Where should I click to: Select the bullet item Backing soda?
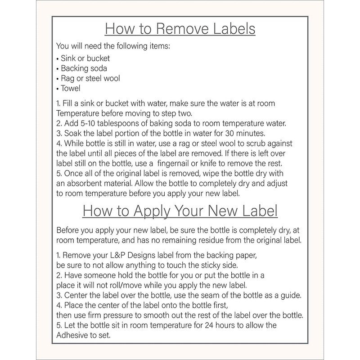click(81, 68)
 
